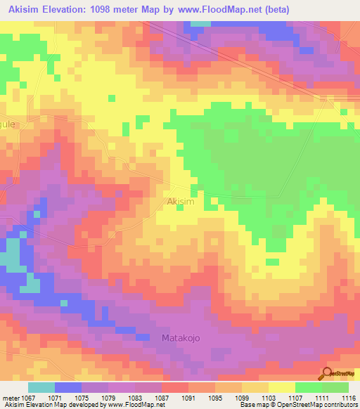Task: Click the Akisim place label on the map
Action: (x=181, y=202)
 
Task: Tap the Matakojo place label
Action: (x=181, y=338)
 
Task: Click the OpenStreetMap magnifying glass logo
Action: (x=327, y=375)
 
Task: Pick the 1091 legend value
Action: (x=189, y=397)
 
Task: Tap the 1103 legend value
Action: (x=268, y=397)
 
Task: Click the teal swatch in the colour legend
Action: (x=41, y=387)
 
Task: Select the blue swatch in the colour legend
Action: (x=68, y=387)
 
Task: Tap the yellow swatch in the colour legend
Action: (x=281, y=387)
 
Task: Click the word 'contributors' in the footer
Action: (x=340, y=405)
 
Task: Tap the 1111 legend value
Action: (x=321, y=397)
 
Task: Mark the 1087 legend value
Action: (x=162, y=397)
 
